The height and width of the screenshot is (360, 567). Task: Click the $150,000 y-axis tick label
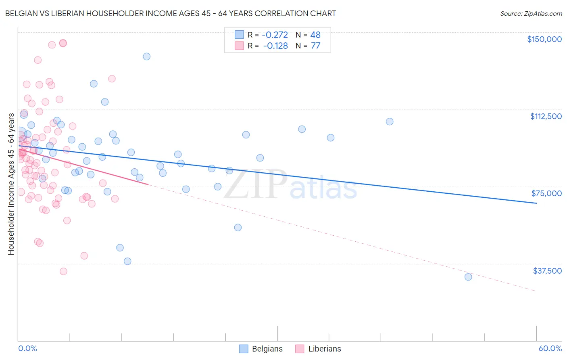[x=544, y=39]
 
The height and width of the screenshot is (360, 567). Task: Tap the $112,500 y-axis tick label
[x=546, y=116]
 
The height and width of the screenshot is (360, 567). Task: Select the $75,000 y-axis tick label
[x=546, y=193]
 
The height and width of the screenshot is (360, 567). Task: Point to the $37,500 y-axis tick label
[x=547, y=271]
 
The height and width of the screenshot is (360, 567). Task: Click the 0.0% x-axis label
[x=27, y=348]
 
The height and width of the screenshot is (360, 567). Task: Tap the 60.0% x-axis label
[x=550, y=348]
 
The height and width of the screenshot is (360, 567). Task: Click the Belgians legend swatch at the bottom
[x=244, y=349]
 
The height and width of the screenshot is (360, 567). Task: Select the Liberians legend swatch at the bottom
[x=300, y=349]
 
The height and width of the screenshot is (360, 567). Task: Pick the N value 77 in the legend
[x=315, y=46]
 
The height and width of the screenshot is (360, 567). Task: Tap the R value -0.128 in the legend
[x=275, y=46]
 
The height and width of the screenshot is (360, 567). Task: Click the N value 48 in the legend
[x=315, y=35]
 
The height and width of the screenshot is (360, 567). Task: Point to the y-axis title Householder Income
[x=11, y=184]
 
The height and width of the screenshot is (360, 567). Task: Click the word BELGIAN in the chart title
[x=21, y=14]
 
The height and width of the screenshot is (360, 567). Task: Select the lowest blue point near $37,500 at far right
[x=468, y=277]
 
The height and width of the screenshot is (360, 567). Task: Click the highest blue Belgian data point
[x=147, y=57]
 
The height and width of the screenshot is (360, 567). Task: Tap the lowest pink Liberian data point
[x=63, y=271]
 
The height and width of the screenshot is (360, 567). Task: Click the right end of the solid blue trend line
[x=536, y=203]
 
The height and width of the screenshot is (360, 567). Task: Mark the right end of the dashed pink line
[x=536, y=291]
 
